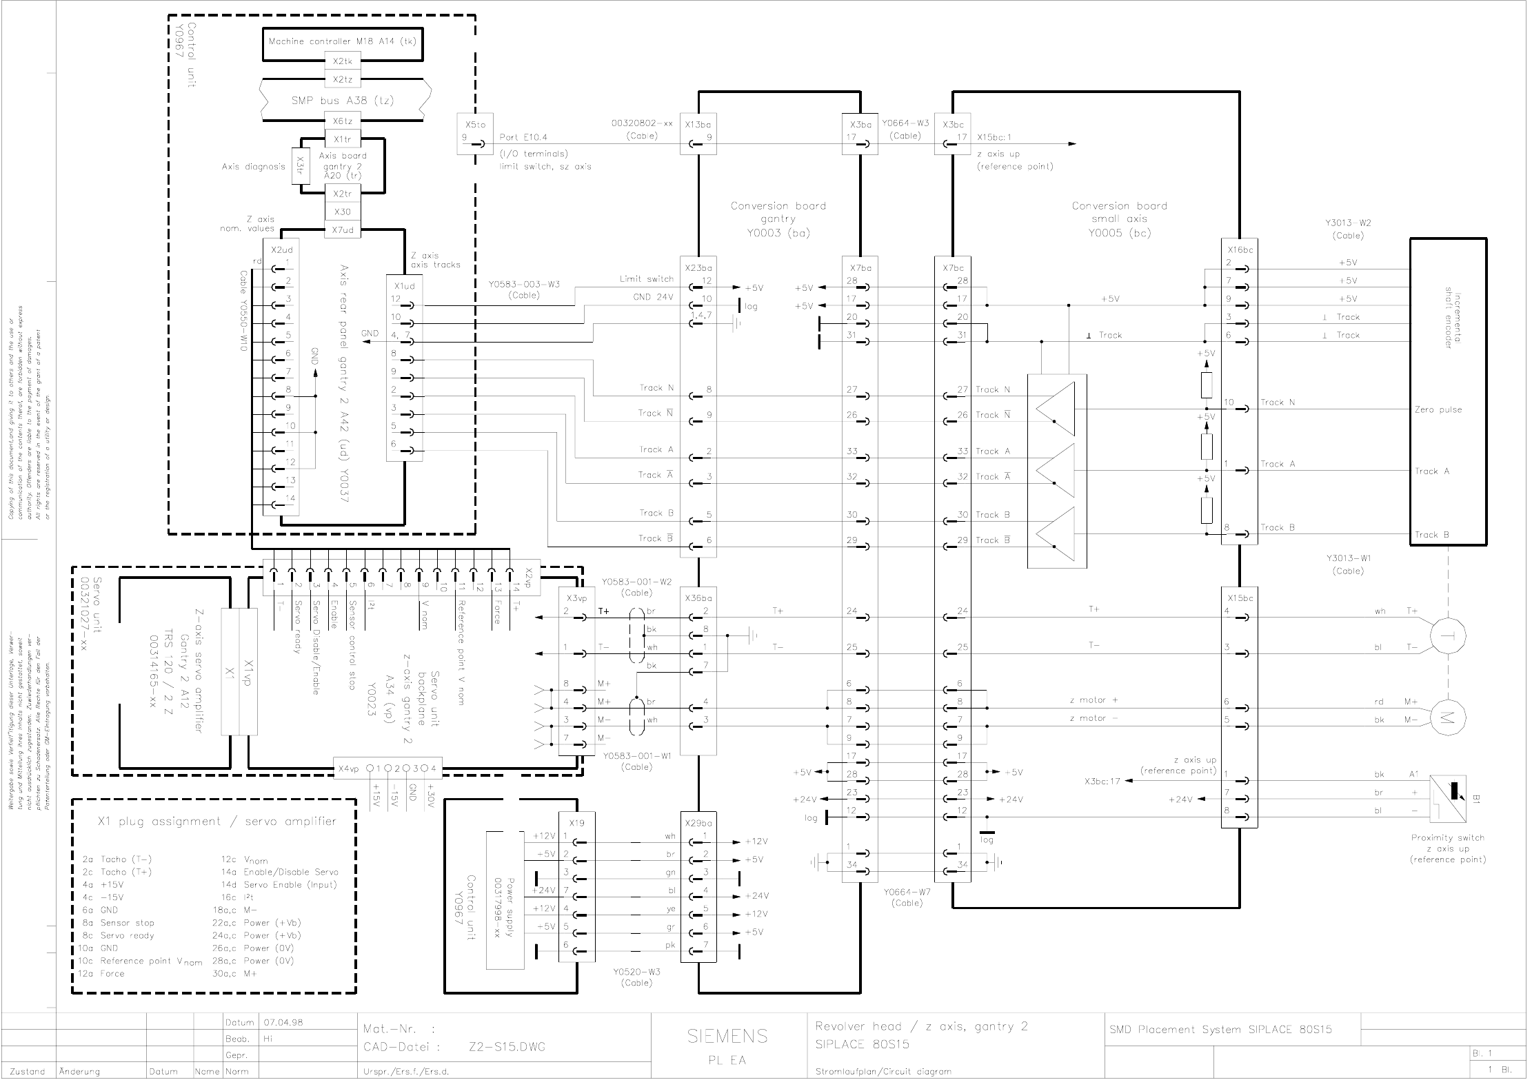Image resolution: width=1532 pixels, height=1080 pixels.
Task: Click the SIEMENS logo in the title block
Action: point(727,1035)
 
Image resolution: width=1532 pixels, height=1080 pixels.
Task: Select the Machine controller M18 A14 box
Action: point(342,41)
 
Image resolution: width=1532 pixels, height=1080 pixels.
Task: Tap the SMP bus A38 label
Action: point(342,101)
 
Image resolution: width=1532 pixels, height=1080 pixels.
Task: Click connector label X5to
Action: point(474,125)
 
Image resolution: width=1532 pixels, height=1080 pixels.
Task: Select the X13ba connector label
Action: point(698,125)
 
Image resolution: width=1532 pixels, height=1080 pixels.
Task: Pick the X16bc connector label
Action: point(1240,250)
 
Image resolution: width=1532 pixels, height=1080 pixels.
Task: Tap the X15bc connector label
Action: point(1240,598)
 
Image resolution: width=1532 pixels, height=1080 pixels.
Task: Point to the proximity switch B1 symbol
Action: point(1448,799)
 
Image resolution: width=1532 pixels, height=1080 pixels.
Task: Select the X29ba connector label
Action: point(698,823)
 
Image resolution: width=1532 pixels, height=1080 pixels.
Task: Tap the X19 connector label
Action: point(576,823)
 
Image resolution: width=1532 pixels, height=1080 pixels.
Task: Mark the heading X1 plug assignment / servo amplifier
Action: point(216,822)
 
